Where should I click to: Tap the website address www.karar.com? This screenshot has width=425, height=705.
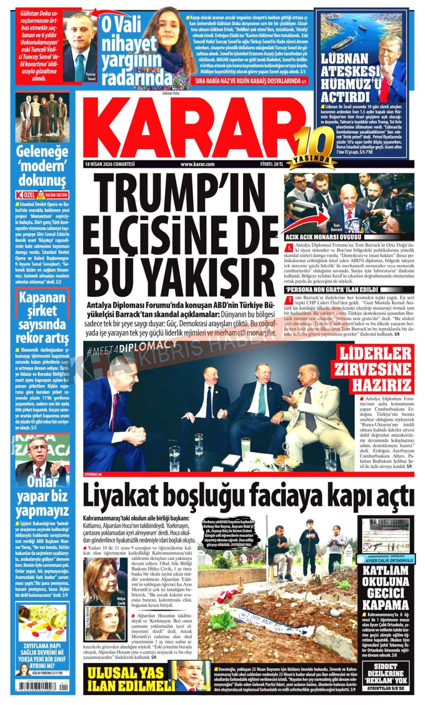[197, 164]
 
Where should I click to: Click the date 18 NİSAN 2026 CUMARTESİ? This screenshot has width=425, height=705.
[109, 164]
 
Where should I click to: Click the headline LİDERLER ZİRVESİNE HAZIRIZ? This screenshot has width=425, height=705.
[376, 370]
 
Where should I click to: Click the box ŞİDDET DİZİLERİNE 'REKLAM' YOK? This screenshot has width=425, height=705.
[386, 677]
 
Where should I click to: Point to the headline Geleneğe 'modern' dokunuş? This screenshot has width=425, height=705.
[41, 165]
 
